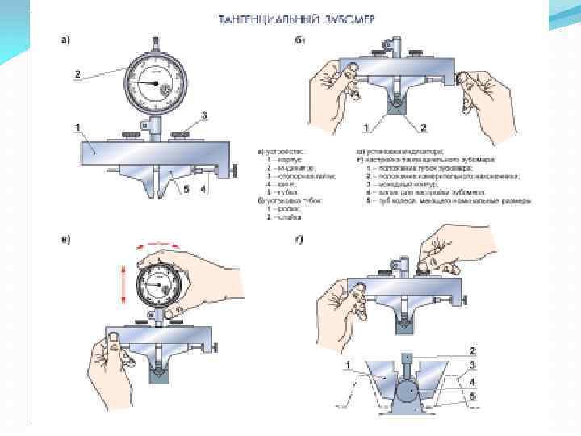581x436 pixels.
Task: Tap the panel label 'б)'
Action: pyautogui.click(x=299, y=40)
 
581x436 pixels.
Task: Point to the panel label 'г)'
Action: pyautogui.click(x=299, y=240)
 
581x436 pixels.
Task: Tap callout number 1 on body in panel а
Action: pyautogui.click(x=77, y=127)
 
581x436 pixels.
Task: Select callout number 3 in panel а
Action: pyautogui.click(x=204, y=115)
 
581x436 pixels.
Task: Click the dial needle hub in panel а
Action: pyautogui.click(x=154, y=82)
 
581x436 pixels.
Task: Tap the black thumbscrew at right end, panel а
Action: pyautogui.click(x=234, y=170)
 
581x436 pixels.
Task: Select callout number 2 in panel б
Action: pyautogui.click(x=422, y=127)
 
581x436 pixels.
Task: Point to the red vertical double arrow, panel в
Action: pyautogui.click(x=123, y=287)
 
